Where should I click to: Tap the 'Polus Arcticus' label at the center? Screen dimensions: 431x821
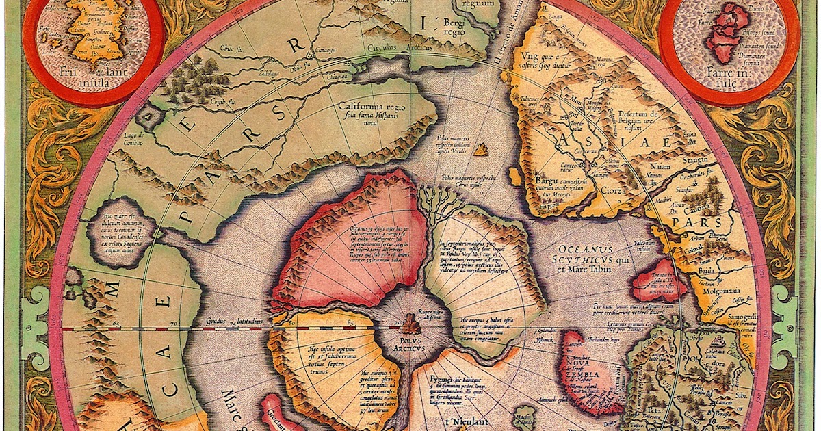[410, 343]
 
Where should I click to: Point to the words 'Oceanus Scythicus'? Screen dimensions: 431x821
[586, 254]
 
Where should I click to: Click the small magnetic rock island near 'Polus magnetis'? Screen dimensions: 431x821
[484, 148]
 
